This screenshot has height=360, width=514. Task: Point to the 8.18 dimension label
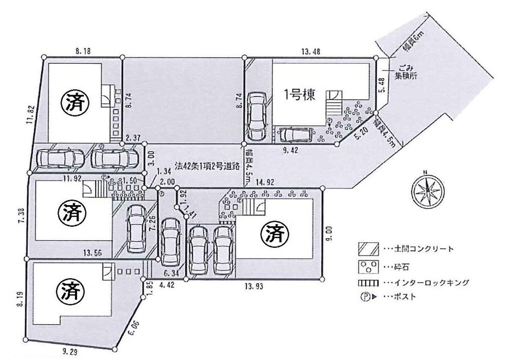point(83,50)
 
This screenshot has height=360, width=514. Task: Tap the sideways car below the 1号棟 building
point(295,135)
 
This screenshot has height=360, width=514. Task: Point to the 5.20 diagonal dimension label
point(361,132)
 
